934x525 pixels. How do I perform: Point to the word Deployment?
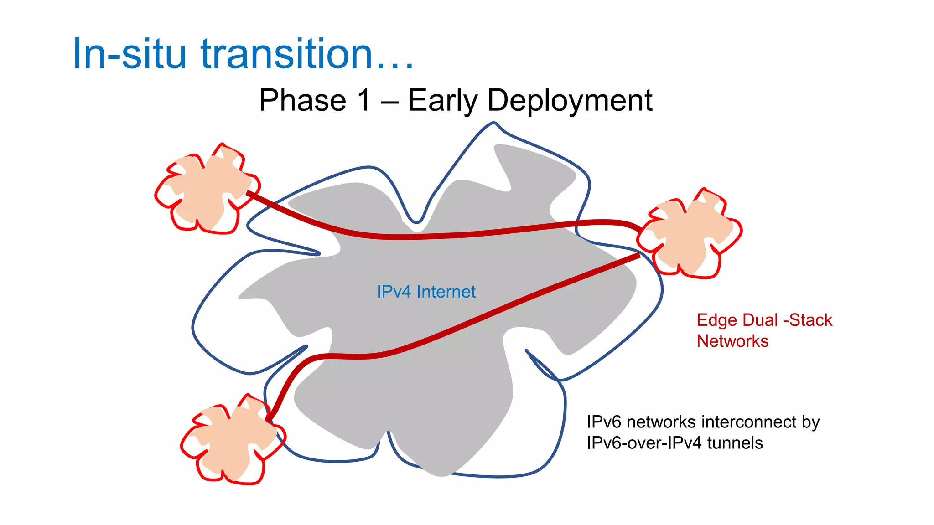570,101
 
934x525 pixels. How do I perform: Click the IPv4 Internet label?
426,292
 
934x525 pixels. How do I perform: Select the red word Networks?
732,341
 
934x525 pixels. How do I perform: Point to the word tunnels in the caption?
735,443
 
